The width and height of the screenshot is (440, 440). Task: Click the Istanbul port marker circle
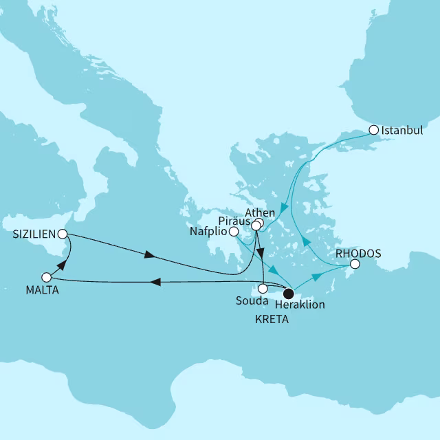pos(373,129)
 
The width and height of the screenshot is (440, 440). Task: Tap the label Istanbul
pos(402,129)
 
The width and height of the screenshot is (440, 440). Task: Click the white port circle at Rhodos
pos(354,264)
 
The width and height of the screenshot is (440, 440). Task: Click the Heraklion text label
pos(299,304)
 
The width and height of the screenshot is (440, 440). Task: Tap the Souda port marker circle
pos(263,289)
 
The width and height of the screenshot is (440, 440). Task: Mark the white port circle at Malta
pos(46,277)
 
